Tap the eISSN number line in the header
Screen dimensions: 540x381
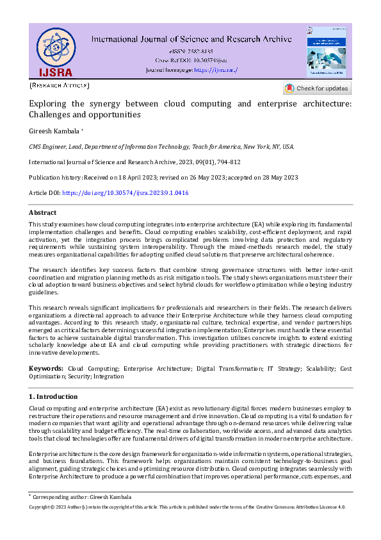(191, 51)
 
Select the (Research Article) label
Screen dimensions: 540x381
(60, 85)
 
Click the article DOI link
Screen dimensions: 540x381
(125, 193)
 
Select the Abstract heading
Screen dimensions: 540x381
(42, 212)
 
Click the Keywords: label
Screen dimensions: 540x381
(46, 369)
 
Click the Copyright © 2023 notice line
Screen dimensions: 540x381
(187, 507)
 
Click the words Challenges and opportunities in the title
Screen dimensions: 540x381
(85, 115)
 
